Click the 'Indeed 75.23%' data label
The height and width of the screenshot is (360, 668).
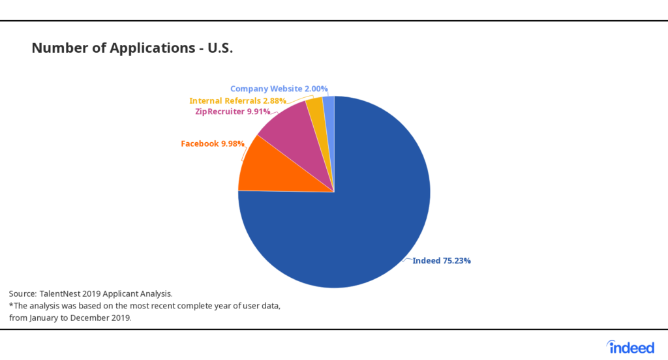click(x=442, y=261)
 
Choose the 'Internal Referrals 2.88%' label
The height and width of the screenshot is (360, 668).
click(x=237, y=101)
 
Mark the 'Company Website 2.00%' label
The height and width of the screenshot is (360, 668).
click(x=279, y=89)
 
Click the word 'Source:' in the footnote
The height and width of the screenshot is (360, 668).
click(x=23, y=294)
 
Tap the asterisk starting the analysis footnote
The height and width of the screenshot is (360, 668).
click(x=11, y=305)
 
